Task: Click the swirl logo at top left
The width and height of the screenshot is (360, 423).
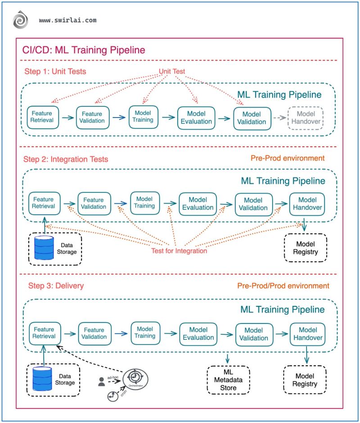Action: point(20,21)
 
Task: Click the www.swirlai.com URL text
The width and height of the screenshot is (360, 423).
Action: point(67,21)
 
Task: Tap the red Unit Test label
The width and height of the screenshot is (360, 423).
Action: point(172,71)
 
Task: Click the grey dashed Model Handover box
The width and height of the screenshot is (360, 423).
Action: point(306,118)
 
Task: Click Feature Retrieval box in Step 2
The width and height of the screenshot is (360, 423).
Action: point(43,203)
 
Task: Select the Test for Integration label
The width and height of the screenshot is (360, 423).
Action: point(179,250)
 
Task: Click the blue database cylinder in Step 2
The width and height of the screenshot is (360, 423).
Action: point(44,248)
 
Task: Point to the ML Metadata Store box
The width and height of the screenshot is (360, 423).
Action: point(228,380)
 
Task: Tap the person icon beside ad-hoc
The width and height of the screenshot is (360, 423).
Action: point(102,382)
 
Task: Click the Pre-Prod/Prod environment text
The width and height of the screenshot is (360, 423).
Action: point(283,286)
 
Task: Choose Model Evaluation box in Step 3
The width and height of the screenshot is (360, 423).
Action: point(198,334)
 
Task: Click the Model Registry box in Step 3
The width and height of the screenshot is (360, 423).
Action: point(306,380)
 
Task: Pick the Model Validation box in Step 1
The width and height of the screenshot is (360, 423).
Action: point(252,118)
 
